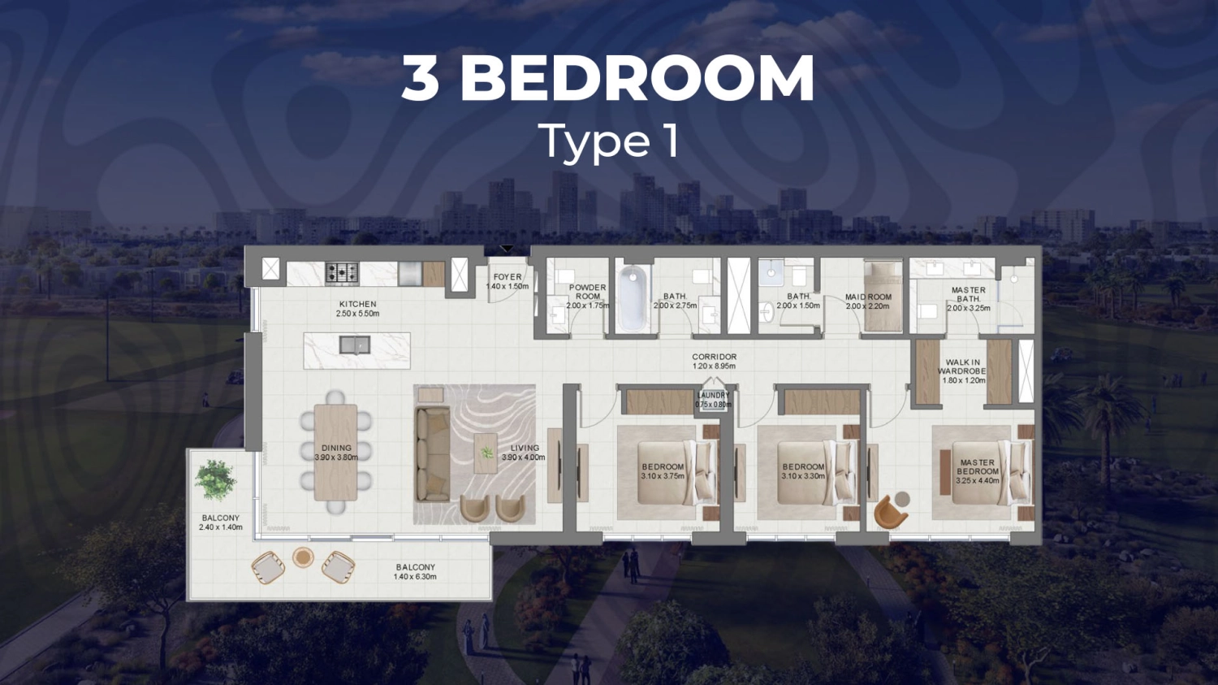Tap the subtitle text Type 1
(x=608, y=141)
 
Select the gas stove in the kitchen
(x=342, y=273)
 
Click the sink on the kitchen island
(x=355, y=345)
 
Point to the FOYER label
(x=508, y=277)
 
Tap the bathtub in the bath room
(x=633, y=298)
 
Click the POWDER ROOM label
(x=587, y=292)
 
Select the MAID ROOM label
(x=868, y=297)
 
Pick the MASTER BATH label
(x=968, y=294)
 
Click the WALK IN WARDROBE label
(x=963, y=367)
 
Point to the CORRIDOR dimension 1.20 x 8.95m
(x=714, y=366)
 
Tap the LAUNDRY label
(x=713, y=396)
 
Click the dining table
(x=335, y=452)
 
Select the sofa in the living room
(x=433, y=453)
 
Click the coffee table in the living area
(x=486, y=453)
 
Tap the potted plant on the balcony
(x=214, y=479)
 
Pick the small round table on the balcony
(x=303, y=557)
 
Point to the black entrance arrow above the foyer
(x=507, y=249)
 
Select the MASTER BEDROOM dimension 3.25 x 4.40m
(x=977, y=481)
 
